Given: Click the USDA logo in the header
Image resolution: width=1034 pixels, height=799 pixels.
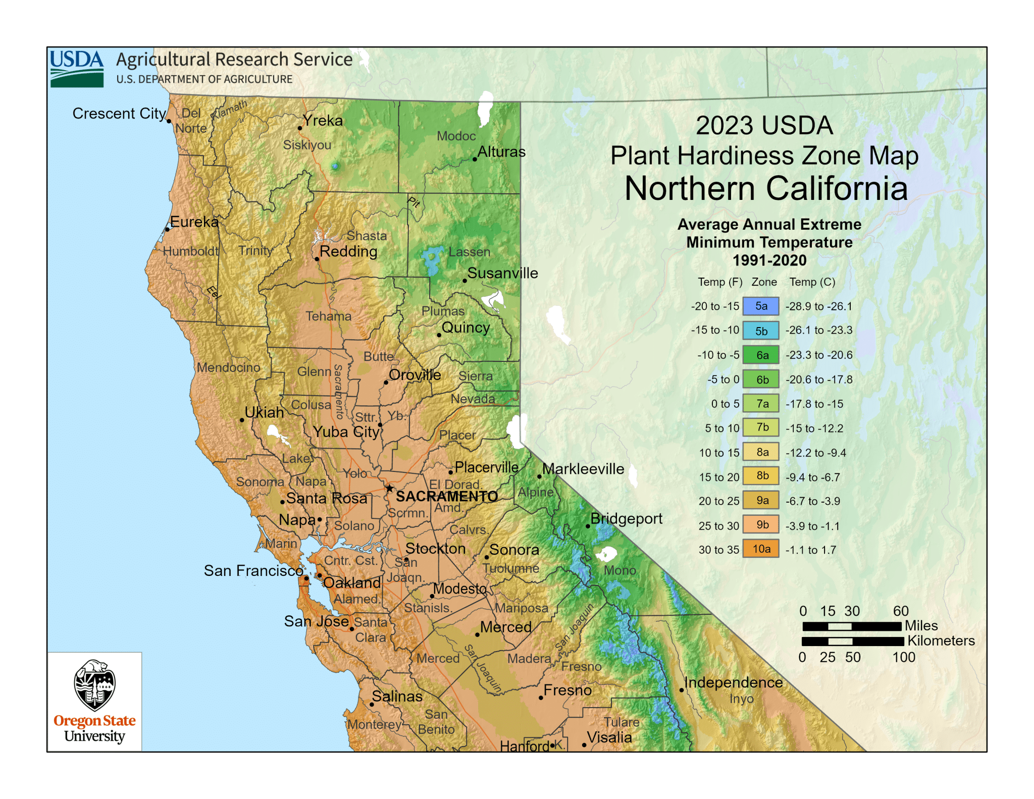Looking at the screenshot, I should (x=77, y=69).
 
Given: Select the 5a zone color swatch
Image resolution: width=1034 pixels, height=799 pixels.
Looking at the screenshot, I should (x=760, y=306).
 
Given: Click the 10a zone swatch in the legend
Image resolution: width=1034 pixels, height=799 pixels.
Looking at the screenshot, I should (x=760, y=549).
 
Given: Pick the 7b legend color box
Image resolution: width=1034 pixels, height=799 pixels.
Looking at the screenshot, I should (x=760, y=428).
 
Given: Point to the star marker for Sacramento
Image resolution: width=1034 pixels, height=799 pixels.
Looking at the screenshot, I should (x=389, y=489).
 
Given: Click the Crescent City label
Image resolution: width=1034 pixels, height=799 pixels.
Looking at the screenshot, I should (x=119, y=114).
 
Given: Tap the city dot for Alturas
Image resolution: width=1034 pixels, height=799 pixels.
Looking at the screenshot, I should (x=475, y=159).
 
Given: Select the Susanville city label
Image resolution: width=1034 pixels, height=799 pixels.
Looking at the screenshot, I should (x=502, y=273).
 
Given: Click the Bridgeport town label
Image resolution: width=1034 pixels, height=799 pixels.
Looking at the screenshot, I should (x=626, y=518).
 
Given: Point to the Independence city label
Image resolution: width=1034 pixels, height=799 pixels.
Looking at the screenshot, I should (x=733, y=682).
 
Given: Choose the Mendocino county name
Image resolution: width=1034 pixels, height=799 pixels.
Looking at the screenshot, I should (x=228, y=367).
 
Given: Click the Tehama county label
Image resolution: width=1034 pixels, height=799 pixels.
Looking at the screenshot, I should (x=328, y=316).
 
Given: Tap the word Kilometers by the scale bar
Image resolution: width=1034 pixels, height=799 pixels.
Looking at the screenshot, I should (x=941, y=641).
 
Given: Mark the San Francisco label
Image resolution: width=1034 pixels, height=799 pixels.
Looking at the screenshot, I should (x=253, y=571).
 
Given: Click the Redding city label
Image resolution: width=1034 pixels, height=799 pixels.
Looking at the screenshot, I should (x=348, y=251).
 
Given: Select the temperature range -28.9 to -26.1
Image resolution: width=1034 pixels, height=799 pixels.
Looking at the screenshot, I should (x=818, y=306).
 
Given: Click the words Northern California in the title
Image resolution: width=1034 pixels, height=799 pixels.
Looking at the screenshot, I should (x=766, y=189).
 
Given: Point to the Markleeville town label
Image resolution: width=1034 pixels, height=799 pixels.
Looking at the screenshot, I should (x=583, y=469).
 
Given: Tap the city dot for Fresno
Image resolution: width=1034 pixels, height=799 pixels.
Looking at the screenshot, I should (x=541, y=698).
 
